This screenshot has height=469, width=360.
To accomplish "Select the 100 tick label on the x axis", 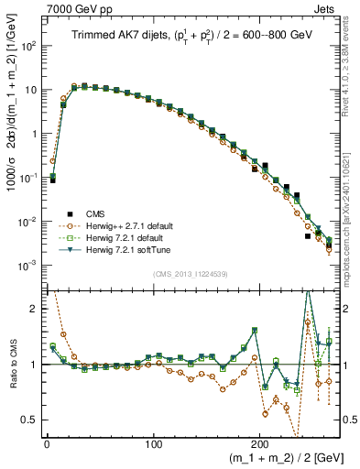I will [x=153, y=443].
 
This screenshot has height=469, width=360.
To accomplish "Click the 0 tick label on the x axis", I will [x=46, y=443].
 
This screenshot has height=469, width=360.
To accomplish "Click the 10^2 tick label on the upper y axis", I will [x=28, y=46].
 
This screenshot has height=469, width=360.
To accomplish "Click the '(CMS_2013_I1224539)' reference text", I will [x=192, y=273].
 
